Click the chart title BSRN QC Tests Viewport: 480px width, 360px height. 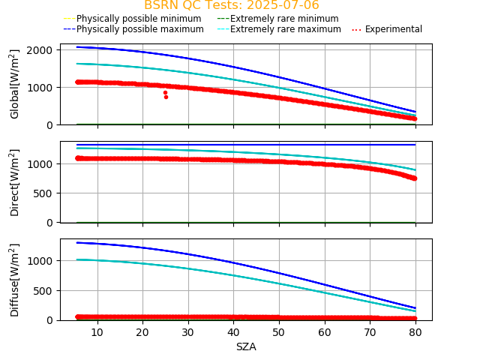231,5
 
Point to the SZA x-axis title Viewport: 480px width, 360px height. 246,347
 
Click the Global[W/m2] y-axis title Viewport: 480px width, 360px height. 15,84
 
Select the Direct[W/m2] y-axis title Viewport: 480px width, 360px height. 15,182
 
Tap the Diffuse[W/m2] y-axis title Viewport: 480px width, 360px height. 15,279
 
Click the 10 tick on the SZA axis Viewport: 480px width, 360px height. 97,331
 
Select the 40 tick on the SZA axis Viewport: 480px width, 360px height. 234,331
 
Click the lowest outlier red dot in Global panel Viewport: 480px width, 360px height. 166,97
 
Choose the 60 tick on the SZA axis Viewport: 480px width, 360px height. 325,331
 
